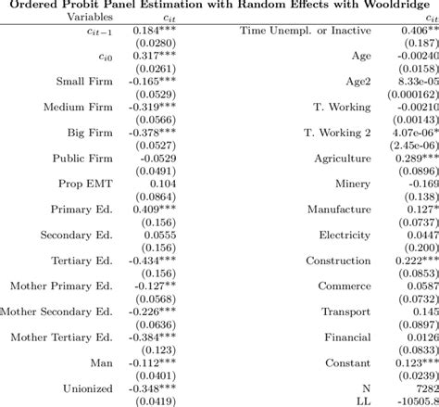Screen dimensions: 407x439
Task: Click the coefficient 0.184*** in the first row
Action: (x=152, y=32)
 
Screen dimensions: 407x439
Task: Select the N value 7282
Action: (x=422, y=388)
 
